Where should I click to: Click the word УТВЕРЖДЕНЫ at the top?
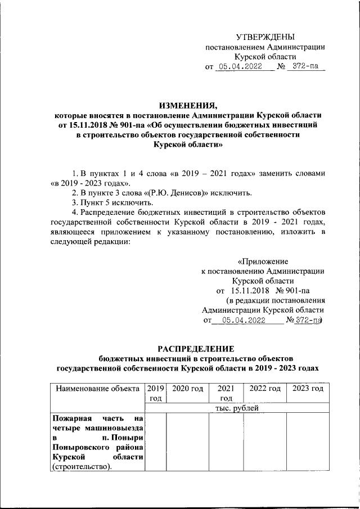[x=264, y=37]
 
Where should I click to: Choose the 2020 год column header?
[x=187, y=388]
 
